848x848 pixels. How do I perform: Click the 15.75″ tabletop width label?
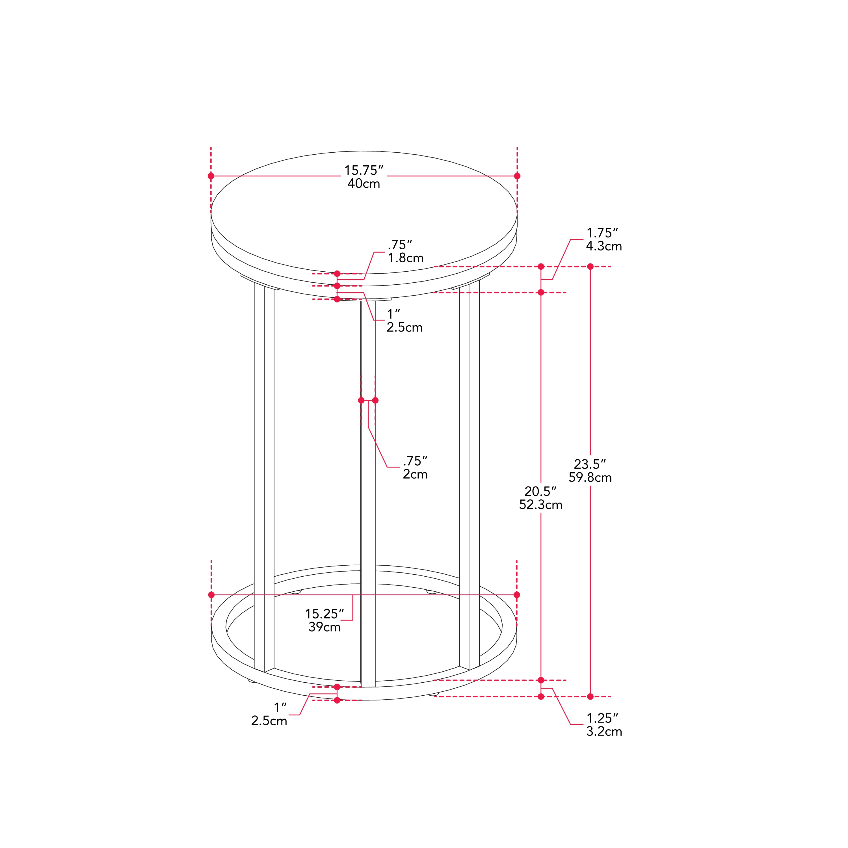tap(364, 170)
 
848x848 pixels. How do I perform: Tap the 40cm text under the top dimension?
tap(364, 183)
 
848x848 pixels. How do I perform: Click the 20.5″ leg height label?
tap(540, 491)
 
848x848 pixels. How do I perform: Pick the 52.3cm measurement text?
tap(540, 505)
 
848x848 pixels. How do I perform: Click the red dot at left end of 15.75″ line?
tap(211, 176)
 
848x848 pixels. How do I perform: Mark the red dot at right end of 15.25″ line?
tap(517, 595)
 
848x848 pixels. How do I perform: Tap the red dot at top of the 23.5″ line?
tap(590, 267)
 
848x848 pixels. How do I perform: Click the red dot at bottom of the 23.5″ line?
tap(590, 696)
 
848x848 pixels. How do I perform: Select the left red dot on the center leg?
tap(361, 400)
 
